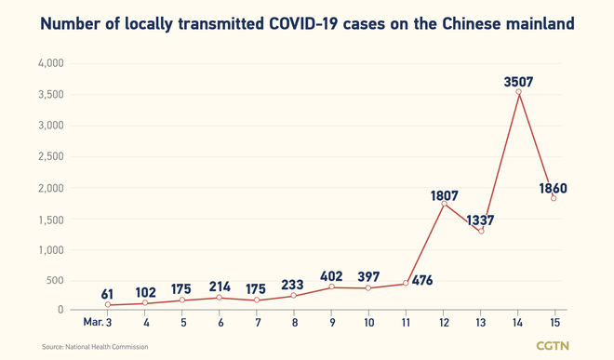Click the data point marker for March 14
518,92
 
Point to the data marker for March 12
444,203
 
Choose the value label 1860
553,189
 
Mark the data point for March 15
555,198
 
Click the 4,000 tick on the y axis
48,63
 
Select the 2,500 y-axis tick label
48,157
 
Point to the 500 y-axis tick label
54,281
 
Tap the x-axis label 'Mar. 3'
98,322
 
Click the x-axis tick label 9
331,322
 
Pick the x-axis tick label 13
480,322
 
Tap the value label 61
108,295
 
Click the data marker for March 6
220,298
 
